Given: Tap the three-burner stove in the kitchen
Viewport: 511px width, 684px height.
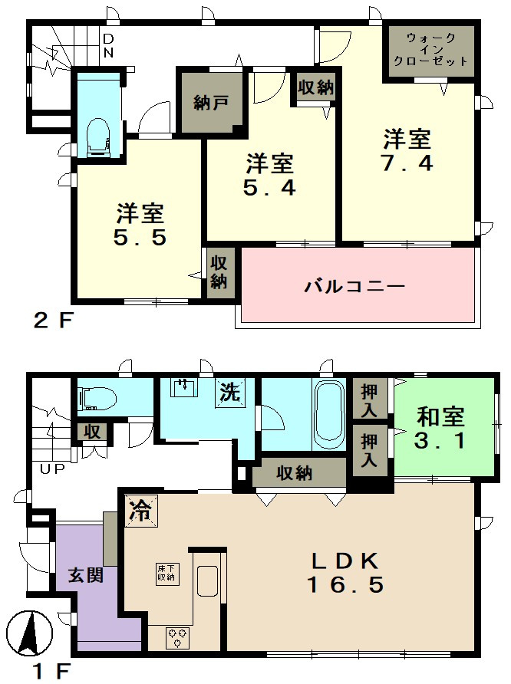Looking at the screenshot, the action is click(177, 638).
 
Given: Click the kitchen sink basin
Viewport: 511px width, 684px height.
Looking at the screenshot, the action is click(207, 581).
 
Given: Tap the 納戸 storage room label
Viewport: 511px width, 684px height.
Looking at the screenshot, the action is click(210, 104).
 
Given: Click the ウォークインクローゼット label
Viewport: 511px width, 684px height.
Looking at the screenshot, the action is click(430, 50).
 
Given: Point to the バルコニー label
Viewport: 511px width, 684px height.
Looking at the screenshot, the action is click(355, 287).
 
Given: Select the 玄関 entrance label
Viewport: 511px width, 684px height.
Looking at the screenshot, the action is click(85, 575).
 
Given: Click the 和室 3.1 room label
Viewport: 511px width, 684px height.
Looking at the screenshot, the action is click(440, 429).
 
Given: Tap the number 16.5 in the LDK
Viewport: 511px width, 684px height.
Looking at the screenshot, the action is click(345, 585).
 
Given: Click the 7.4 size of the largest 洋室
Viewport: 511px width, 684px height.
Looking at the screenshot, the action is click(407, 163).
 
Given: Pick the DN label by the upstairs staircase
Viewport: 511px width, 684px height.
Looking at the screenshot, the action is click(108, 46).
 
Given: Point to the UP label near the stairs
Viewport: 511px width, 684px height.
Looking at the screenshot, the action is click(52, 469).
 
